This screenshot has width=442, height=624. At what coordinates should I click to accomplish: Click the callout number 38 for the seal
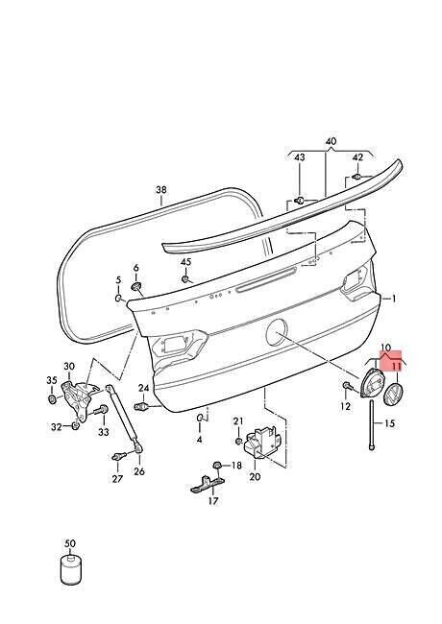click(x=161, y=190)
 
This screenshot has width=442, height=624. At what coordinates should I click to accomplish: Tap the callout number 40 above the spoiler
click(x=331, y=141)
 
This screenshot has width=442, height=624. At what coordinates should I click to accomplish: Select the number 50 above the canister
click(x=70, y=543)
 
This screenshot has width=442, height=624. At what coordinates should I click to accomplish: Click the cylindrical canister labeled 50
click(x=72, y=571)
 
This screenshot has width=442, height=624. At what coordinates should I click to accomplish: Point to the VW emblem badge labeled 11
click(x=394, y=395)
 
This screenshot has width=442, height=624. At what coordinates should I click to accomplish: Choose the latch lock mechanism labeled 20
click(x=262, y=441)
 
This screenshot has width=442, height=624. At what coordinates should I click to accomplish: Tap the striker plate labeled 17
click(x=208, y=484)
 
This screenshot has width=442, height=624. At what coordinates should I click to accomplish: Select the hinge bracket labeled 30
click(x=79, y=399)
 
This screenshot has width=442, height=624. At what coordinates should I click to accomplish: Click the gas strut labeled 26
click(x=123, y=419)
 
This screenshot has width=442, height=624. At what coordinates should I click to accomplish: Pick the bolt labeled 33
click(x=100, y=410)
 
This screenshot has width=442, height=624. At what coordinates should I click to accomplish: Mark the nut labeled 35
click(x=52, y=398)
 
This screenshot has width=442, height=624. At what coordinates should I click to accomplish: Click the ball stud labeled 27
click(x=119, y=456)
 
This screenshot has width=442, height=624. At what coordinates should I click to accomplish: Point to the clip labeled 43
click(x=300, y=200)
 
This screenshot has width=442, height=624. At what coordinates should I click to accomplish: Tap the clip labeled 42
click(x=356, y=176)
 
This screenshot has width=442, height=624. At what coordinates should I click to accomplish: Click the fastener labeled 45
click(x=185, y=279)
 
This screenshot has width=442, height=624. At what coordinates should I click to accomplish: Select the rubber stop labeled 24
click(x=143, y=406)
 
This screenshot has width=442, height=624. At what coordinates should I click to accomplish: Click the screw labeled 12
click(x=347, y=385)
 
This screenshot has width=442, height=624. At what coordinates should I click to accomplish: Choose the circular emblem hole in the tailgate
click(x=277, y=332)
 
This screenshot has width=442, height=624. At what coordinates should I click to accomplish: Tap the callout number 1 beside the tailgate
click(x=393, y=299)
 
